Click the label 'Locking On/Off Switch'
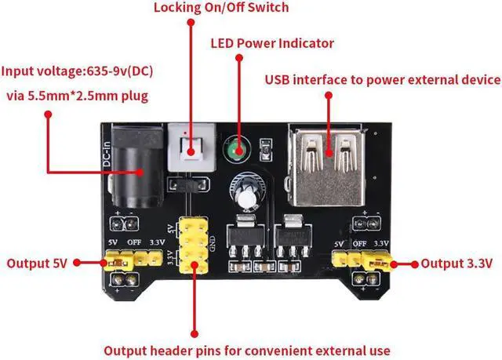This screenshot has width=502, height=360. tap(220, 8)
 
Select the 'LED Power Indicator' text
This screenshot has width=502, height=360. tap(272, 43)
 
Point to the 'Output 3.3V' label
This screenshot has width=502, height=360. tap(457, 263)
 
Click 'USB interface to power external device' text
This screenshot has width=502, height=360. tap(382, 79)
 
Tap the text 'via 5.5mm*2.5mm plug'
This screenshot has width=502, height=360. tap(76, 96)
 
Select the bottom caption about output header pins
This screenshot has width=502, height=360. tap(247, 350)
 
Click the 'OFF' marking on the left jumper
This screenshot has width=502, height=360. tap(135, 244)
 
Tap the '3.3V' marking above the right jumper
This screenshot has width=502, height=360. tap(382, 244)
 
